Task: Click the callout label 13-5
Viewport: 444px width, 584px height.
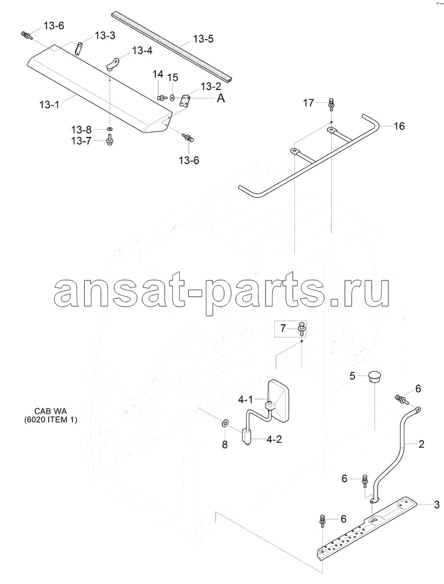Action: (x=203, y=39)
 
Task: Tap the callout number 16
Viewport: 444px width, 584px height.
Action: (x=399, y=127)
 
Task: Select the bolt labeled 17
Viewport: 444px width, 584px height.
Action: (x=331, y=104)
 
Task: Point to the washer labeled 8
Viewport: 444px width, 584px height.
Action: (x=225, y=423)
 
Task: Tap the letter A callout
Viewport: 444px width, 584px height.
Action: (x=221, y=99)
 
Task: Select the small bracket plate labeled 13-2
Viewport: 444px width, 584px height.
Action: (x=185, y=101)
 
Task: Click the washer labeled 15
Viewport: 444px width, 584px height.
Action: (x=172, y=97)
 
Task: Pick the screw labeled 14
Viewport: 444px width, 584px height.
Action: (x=162, y=97)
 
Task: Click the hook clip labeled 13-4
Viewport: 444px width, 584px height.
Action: (x=112, y=63)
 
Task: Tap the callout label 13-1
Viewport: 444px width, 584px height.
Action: (x=49, y=105)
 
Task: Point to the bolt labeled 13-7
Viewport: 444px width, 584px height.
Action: (x=109, y=141)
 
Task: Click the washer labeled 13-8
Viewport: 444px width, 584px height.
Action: (x=109, y=129)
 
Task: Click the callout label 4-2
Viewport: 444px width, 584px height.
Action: (x=274, y=439)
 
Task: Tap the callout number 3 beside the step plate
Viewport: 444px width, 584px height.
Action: (x=437, y=505)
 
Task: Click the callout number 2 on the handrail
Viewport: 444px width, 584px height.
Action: (x=421, y=444)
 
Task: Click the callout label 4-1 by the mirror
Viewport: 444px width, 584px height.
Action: (x=246, y=400)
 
